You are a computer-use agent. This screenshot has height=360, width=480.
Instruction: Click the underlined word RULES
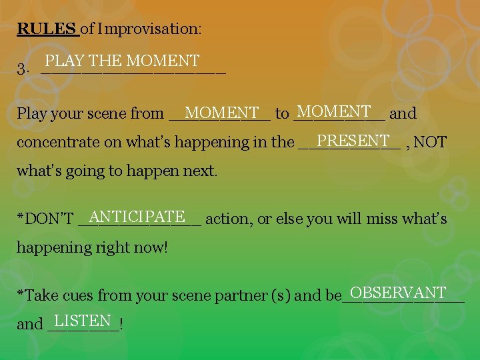point(46,29)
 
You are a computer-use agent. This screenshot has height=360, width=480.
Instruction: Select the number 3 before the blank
point(21,69)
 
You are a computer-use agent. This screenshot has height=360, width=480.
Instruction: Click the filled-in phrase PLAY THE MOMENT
point(122,61)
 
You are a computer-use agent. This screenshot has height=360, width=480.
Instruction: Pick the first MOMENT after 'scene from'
point(222,113)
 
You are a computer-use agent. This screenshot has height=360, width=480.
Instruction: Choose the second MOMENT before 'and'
point(334,111)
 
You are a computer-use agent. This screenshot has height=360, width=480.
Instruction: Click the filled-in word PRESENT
point(353,141)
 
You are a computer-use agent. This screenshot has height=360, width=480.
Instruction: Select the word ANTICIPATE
point(137,217)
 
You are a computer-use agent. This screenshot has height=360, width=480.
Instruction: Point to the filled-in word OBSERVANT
point(397,293)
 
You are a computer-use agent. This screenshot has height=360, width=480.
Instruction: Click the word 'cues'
point(89,295)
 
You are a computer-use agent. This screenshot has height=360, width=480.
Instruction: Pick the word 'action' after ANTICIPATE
point(227,219)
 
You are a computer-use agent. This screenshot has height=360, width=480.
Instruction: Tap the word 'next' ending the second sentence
point(201,171)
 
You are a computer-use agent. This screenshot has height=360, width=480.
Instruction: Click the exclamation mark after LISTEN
point(121,324)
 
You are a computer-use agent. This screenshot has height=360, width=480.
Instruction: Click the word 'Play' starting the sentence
point(31,114)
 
